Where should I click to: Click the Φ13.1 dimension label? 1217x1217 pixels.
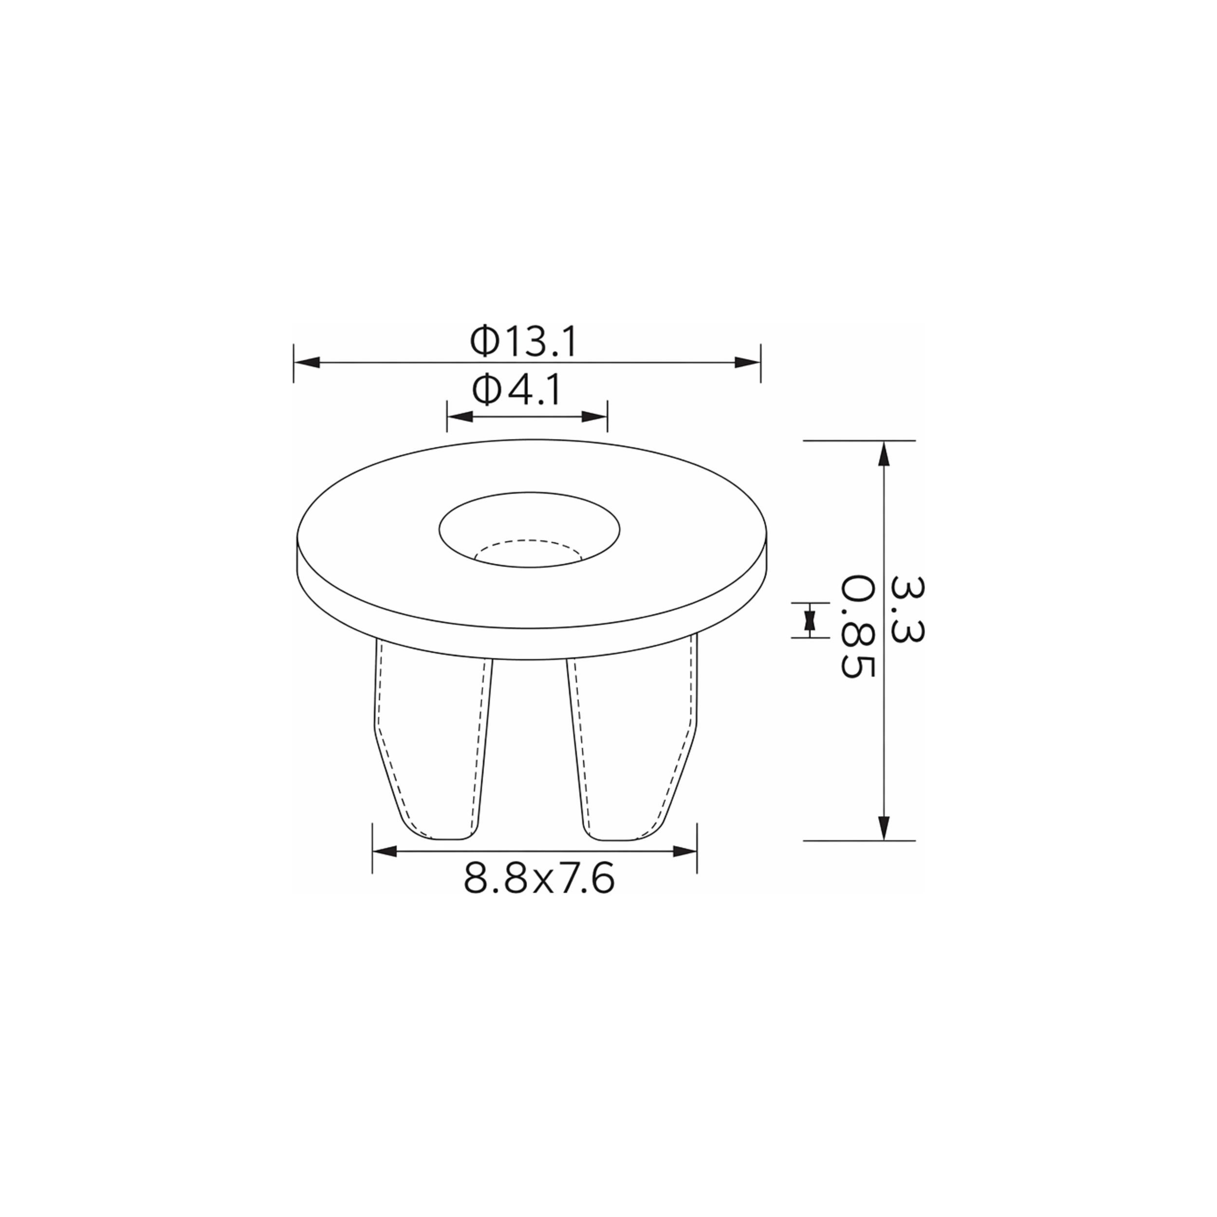(523, 343)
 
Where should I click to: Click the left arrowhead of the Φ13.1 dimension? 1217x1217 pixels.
(307, 362)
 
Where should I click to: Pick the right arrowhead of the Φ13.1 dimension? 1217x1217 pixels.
(747, 362)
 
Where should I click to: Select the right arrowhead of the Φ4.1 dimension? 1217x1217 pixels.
(594, 416)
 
